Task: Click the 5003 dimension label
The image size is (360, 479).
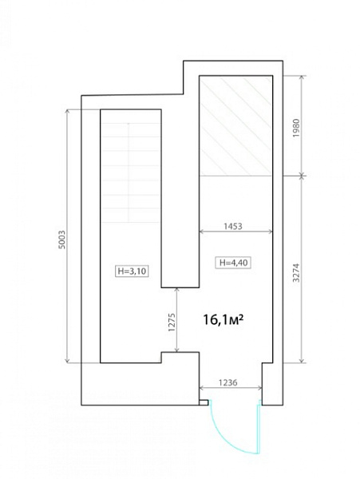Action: coord(62,239)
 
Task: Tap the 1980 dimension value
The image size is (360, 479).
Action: coord(296,128)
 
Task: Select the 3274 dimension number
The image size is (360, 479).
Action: coord(296,273)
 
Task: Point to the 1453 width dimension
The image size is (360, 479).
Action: coord(233,226)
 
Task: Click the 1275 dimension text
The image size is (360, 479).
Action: coord(172,322)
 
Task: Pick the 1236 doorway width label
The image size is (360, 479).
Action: coord(227,382)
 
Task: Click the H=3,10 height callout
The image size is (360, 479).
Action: coord(132,271)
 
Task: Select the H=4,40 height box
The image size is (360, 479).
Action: coord(233,263)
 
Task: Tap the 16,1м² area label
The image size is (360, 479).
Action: coord(224,320)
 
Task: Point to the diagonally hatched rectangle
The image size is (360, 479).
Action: coord(235,126)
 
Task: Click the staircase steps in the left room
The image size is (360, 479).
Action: coord(131,172)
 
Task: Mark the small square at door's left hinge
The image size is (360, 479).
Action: coord(204,402)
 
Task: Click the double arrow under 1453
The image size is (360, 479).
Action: coord(235,232)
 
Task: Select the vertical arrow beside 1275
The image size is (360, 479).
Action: coord(176,320)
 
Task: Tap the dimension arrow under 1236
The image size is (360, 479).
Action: coord(231,388)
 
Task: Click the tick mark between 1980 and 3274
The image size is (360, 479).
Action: coord(302,176)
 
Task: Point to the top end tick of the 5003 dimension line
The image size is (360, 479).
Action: coord(68,109)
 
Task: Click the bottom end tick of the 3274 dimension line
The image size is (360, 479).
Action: coord(302,363)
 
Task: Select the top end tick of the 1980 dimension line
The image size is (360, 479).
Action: coord(302,76)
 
